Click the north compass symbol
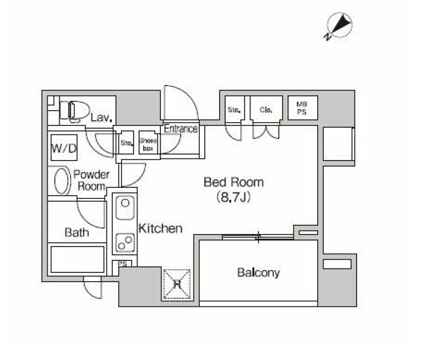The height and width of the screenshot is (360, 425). coord(339,26)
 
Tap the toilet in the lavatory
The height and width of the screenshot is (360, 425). coord(74,111)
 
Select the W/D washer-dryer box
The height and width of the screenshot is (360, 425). coord(64,148)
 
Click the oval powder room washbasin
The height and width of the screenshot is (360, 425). coord(61,181)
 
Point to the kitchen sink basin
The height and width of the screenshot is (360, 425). coord(125,207)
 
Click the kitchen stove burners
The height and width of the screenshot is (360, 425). coord(125,242)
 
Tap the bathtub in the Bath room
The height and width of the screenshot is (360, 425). coord(78,259)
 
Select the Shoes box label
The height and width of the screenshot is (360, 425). coord(148,145)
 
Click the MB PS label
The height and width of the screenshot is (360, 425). coord(302,108)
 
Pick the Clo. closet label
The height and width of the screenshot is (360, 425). coord(266,110)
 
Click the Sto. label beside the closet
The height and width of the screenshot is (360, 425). coord(234,110)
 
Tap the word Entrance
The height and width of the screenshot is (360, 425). coord(181,129)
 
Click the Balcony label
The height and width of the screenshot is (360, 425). coord(259,272)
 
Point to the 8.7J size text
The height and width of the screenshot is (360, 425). coord(233,197)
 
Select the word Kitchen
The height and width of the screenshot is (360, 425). coord(160,228)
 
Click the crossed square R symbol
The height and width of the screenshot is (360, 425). coord(177,284)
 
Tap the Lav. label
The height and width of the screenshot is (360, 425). coord(101,117)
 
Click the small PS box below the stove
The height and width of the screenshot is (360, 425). coord(123,263)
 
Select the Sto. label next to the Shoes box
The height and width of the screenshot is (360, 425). coord(127,143)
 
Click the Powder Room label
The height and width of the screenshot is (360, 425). coord(91,180)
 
